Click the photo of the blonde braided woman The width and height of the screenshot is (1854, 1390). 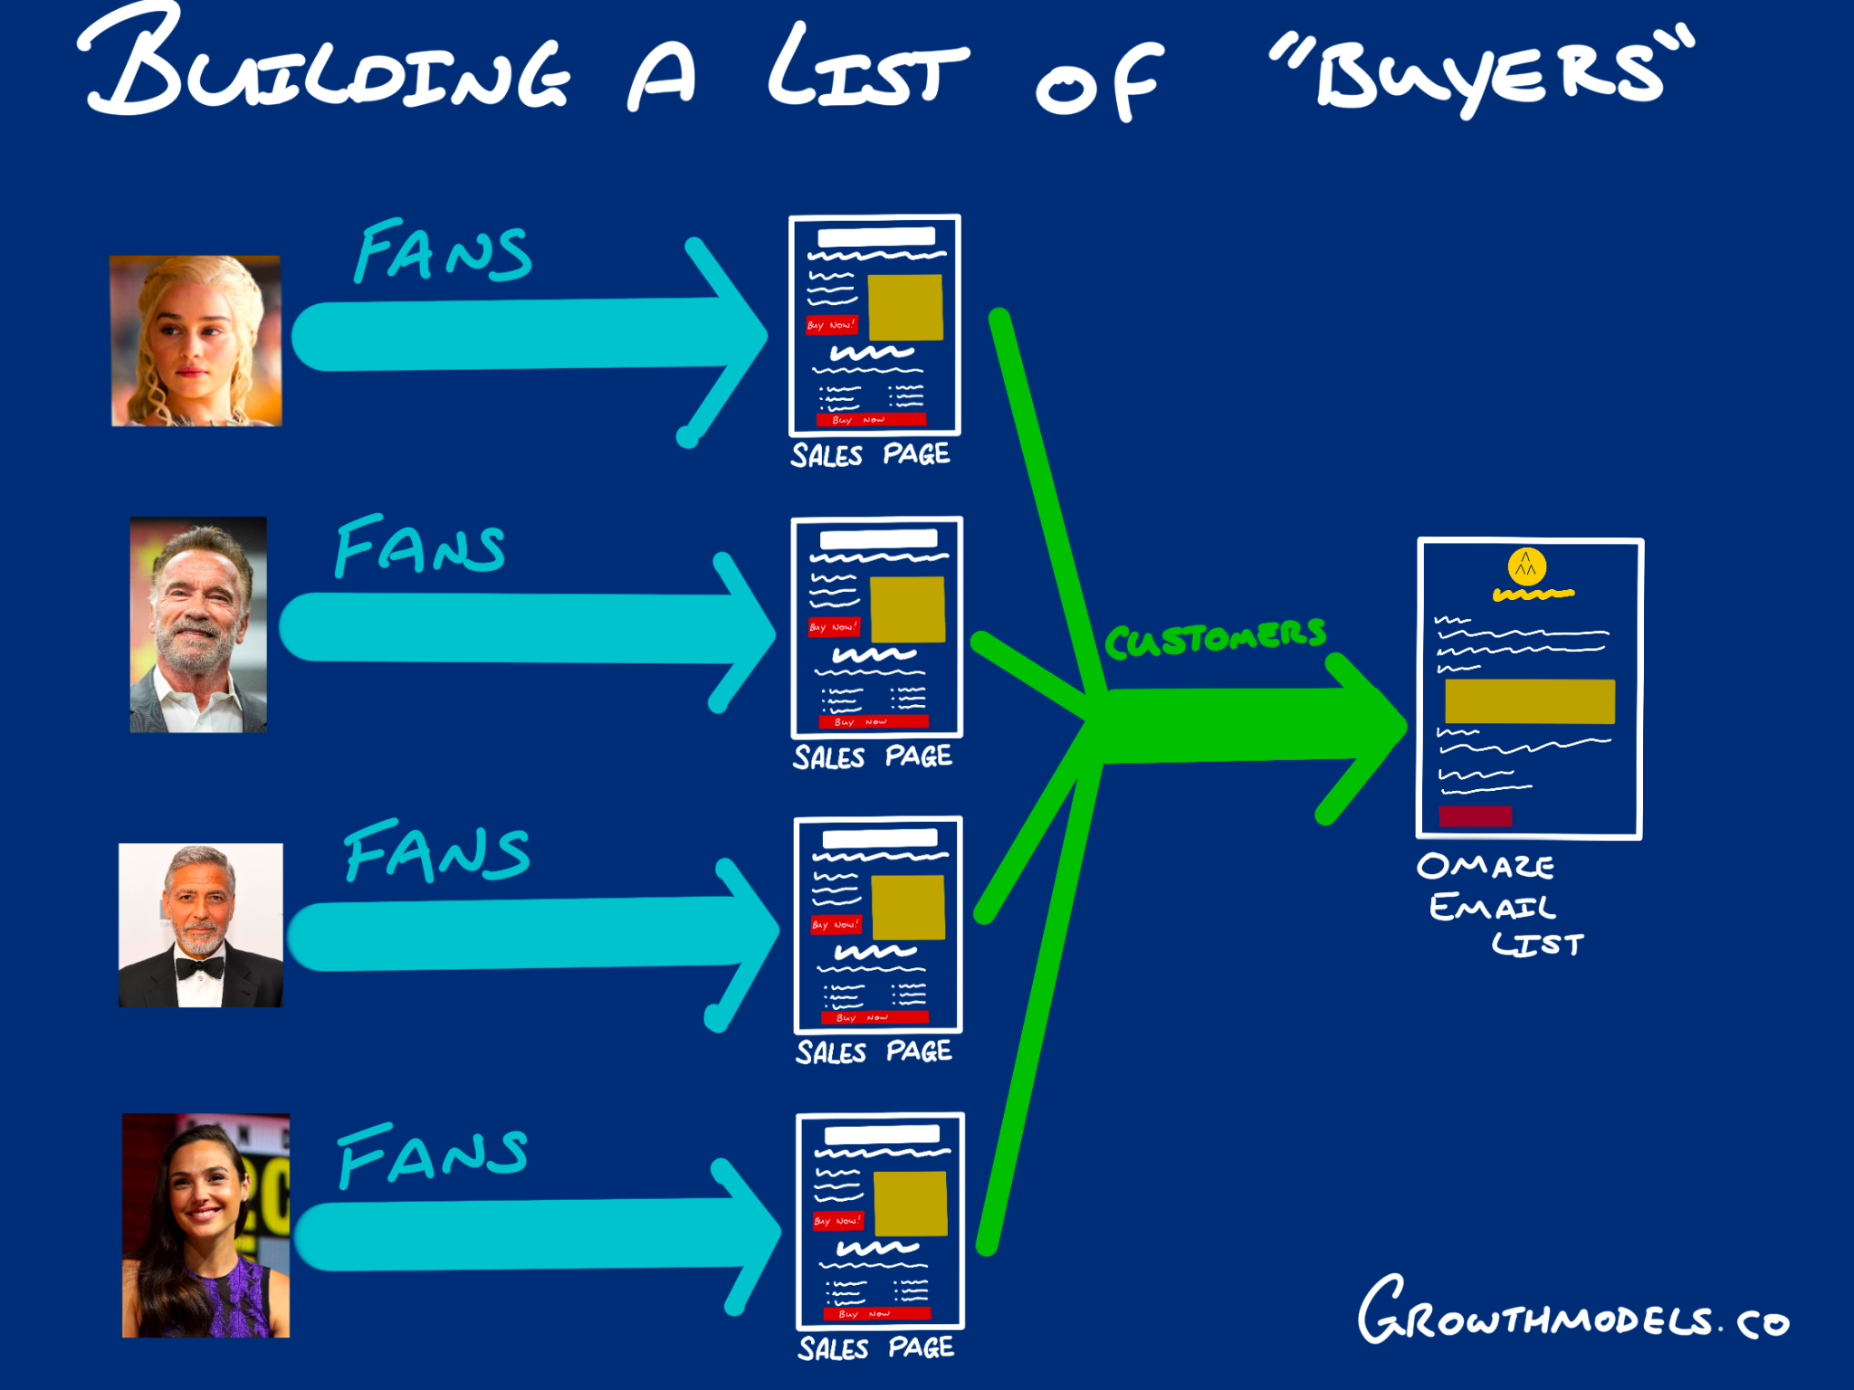click(196, 341)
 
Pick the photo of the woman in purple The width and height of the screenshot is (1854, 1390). click(205, 1225)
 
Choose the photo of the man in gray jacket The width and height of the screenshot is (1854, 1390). click(198, 624)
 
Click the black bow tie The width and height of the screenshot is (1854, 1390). click(200, 967)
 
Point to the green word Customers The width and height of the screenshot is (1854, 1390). click(1215, 638)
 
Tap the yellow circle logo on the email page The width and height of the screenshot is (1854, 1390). click(1526, 567)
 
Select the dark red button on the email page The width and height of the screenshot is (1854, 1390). click(1475, 815)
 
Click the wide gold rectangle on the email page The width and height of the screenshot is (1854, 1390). click(1529, 701)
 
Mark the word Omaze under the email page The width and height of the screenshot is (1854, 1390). click(1486, 867)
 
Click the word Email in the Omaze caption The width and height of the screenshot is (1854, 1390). click(1492, 907)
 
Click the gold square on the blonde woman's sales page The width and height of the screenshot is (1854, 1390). click(904, 308)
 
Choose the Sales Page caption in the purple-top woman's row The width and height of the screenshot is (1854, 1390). click(875, 1347)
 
